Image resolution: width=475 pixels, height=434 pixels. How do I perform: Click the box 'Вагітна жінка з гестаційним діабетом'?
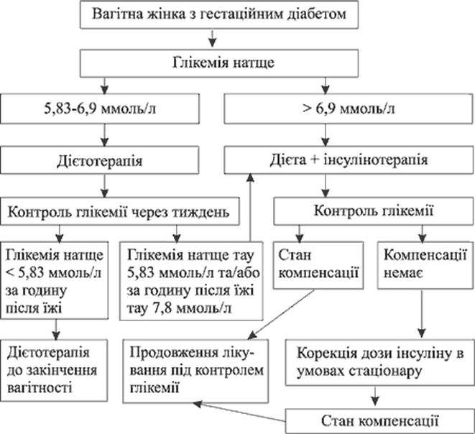(x=219, y=14)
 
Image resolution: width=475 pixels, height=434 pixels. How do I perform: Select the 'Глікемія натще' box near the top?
(x=219, y=63)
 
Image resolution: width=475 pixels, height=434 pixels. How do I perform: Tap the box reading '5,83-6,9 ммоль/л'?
(x=100, y=108)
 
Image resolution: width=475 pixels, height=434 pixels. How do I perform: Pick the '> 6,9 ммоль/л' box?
(x=349, y=108)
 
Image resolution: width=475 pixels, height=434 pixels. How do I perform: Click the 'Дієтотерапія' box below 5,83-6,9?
(x=100, y=160)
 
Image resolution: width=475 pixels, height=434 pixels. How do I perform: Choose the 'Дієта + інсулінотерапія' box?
(x=349, y=160)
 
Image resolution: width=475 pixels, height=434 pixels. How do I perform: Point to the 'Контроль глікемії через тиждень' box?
(x=120, y=211)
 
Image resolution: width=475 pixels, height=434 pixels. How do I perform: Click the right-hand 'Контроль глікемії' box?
(x=374, y=211)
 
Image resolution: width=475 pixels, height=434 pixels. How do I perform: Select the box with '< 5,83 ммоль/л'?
(x=54, y=280)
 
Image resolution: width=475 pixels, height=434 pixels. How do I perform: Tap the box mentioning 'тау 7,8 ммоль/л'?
(x=191, y=281)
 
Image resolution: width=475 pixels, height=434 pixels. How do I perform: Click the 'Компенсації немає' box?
(x=425, y=265)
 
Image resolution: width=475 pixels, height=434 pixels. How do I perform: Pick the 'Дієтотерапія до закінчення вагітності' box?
(x=54, y=370)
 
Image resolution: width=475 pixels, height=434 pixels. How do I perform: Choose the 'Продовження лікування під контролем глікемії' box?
(x=195, y=371)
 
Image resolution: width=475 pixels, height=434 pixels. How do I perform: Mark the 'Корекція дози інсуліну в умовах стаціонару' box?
(x=380, y=363)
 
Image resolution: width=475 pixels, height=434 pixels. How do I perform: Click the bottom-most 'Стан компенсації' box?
(x=380, y=421)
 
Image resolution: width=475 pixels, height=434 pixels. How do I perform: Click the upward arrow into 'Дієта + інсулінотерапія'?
(x=250, y=208)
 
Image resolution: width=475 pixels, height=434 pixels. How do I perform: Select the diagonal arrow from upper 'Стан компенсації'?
(x=281, y=314)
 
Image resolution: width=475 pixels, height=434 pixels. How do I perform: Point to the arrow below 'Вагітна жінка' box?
(x=213, y=38)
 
